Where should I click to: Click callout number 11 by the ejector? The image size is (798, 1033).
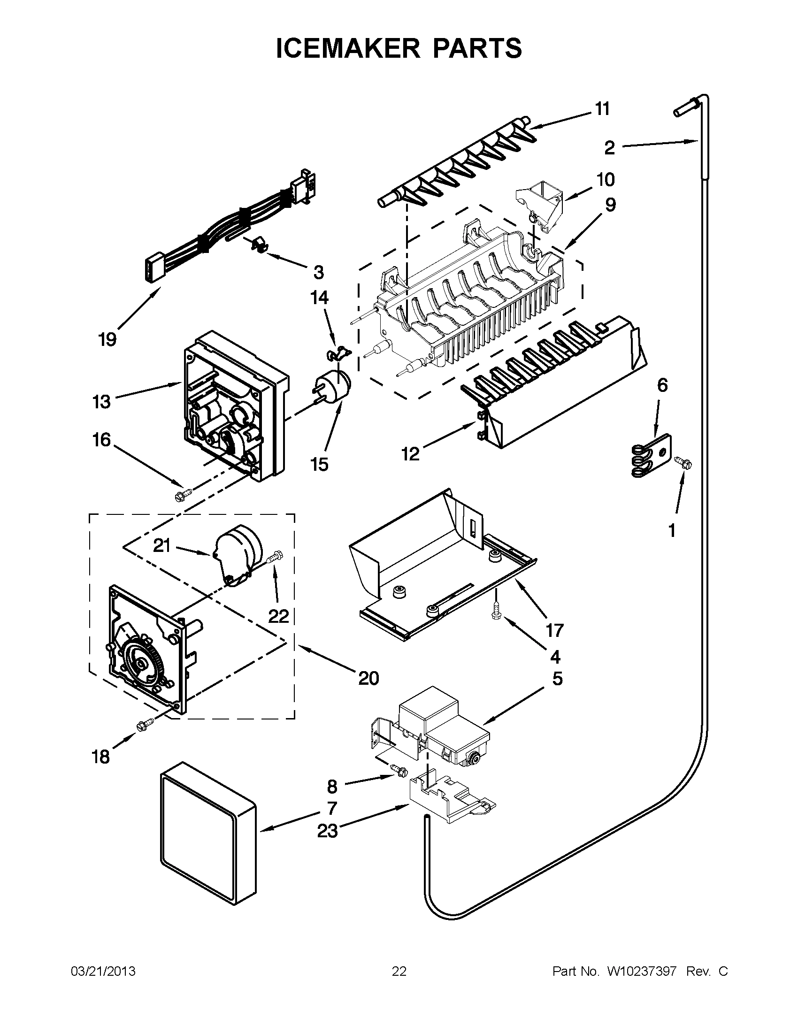point(602,109)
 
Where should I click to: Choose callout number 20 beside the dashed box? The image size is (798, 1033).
point(369,678)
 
